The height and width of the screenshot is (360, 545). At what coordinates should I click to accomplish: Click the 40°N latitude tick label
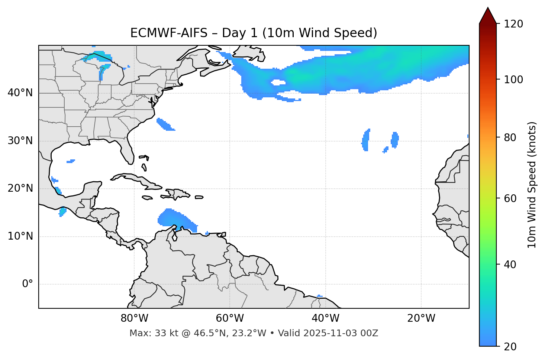(x=20, y=93)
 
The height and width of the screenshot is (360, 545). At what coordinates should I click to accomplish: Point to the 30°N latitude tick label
(x=20, y=141)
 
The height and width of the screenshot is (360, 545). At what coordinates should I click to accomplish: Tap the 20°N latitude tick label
(x=20, y=188)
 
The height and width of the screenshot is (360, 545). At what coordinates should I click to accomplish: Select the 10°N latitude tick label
(x=20, y=236)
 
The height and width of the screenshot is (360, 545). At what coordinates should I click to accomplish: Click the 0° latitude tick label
(x=28, y=284)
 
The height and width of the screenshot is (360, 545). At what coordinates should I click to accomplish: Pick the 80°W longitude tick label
(x=134, y=318)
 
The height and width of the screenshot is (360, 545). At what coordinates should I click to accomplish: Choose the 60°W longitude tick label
(x=230, y=318)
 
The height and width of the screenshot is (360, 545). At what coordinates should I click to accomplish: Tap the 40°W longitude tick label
(x=326, y=318)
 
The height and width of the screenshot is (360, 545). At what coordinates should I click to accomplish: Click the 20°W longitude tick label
(x=421, y=318)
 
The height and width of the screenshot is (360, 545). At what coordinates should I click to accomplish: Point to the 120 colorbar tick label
(x=513, y=24)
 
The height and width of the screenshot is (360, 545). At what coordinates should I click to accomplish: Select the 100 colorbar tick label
(x=513, y=80)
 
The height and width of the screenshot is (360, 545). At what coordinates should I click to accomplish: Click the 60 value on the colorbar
(x=510, y=198)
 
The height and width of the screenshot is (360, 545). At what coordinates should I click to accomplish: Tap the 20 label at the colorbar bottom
(x=510, y=347)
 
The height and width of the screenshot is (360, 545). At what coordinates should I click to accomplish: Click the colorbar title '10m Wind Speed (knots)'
(x=532, y=185)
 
